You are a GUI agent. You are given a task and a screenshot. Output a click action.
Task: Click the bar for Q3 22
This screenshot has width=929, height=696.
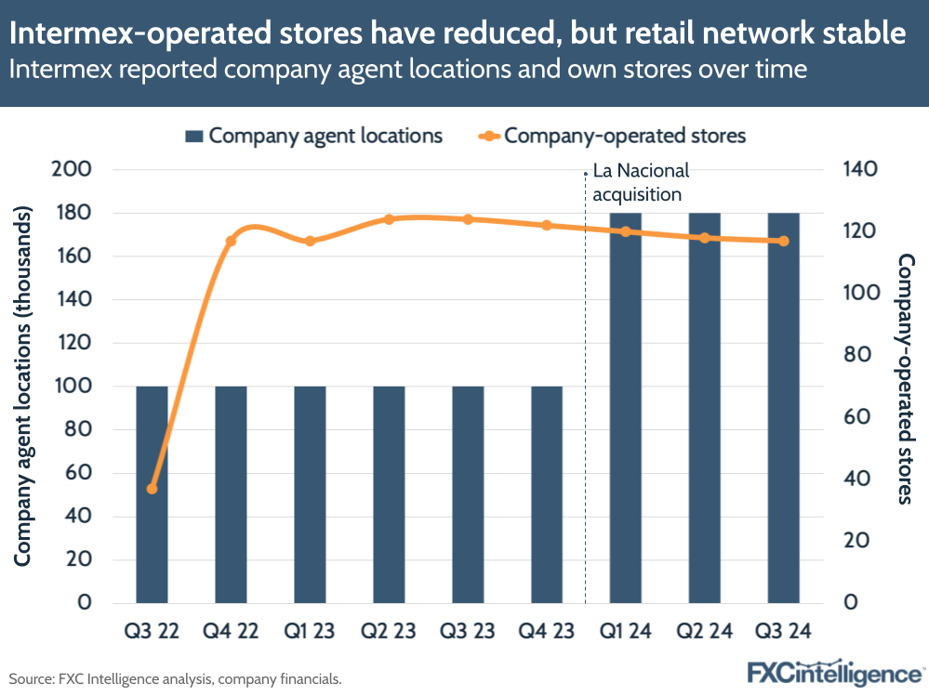tap(152, 493)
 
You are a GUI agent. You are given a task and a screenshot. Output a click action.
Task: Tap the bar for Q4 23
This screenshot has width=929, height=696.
tap(546, 493)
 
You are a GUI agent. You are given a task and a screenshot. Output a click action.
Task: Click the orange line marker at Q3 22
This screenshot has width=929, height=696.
tap(152, 489)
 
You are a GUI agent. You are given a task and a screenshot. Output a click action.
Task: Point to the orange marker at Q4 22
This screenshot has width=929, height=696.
tap(231, 242)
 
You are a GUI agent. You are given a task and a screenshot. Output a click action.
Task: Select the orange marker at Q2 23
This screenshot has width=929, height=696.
tap(389, 219)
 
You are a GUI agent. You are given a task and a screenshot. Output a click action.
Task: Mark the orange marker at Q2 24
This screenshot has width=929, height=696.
tap(704, 238)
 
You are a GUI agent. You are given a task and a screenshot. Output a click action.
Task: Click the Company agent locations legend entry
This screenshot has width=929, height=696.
tap(314, 136)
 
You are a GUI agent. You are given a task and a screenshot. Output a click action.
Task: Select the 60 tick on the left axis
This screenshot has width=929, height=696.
tap(82, 473)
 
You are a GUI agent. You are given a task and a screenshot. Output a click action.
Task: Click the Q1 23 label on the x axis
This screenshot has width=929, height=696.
tap(310, 631)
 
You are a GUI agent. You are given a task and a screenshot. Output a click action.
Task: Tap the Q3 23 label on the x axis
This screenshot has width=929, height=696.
tap(468, 631)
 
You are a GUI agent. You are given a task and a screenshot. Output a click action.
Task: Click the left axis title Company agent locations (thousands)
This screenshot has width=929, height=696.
tap(24, 386)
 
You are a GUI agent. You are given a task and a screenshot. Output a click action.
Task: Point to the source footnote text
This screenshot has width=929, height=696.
tap(176, 678)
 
